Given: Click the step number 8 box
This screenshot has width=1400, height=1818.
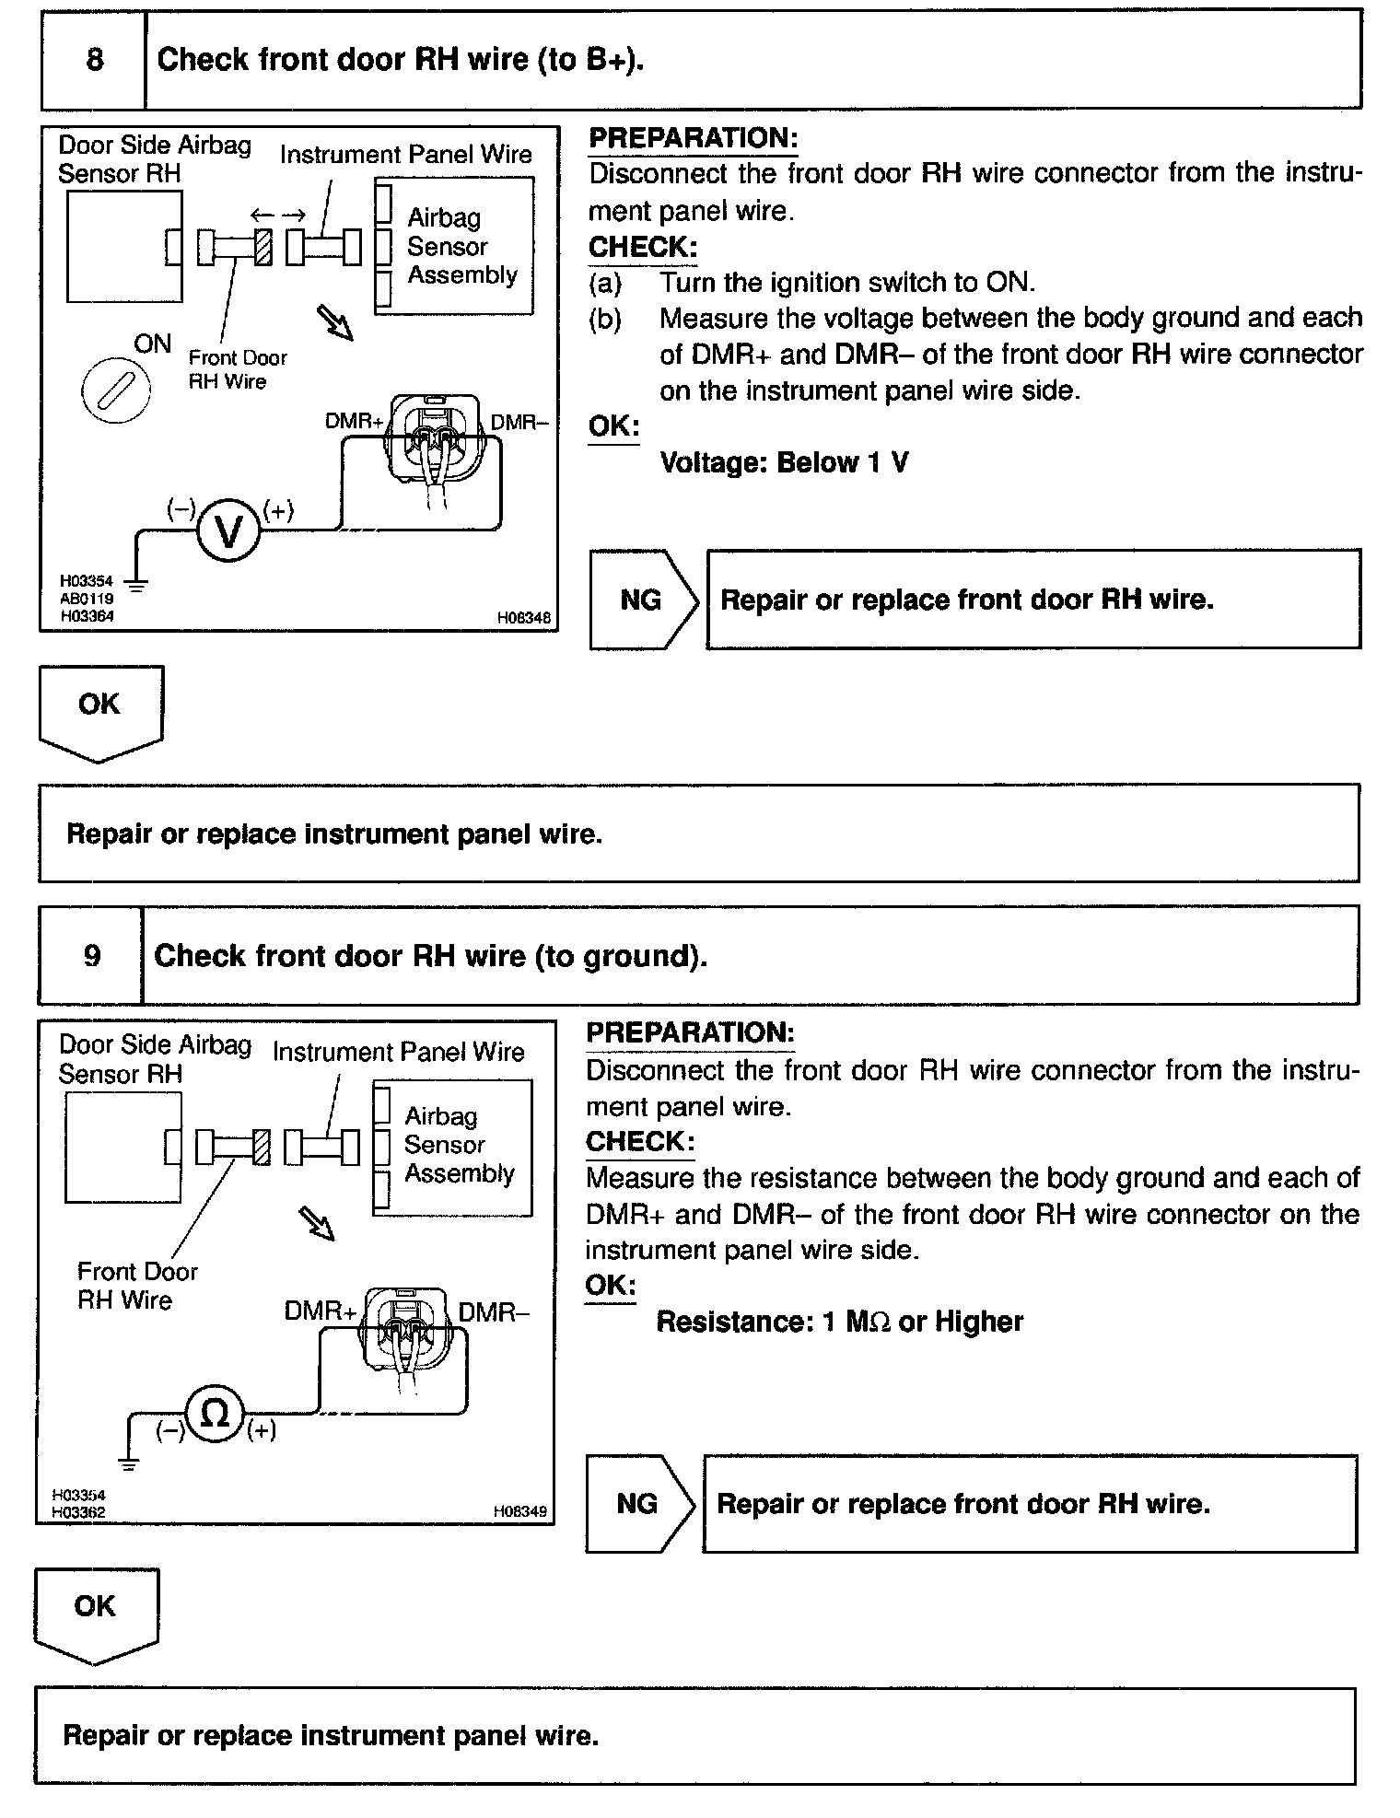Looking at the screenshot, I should click(94, 60).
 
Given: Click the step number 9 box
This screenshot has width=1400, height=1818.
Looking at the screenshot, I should click(91, 955).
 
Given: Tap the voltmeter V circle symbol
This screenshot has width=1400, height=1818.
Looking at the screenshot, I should click(228, 530).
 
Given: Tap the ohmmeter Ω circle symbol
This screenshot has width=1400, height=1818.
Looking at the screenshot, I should click(215, 1414).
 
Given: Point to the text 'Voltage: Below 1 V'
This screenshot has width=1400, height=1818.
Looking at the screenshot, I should click(784, 461).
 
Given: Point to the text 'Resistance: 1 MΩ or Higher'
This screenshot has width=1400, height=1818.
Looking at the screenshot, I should click(839, 1322).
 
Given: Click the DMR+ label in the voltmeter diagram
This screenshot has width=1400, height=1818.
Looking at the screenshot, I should click(354, 422).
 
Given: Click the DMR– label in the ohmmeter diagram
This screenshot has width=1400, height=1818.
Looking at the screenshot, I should click(493, 1311).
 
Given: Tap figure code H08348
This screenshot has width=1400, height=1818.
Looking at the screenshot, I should click(523, 618).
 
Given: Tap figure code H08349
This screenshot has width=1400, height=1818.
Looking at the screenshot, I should click(519, 1511).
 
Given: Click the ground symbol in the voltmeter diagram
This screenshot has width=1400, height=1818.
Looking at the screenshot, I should click(135, 581).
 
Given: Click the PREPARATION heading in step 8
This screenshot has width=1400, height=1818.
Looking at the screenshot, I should click(693, 138).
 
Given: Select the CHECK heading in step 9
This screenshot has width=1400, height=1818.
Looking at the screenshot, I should click(639, 1141).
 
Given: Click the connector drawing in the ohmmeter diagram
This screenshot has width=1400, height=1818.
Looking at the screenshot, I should click(405, 1332).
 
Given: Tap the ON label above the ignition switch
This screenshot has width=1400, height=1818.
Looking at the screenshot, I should click(152, 344).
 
